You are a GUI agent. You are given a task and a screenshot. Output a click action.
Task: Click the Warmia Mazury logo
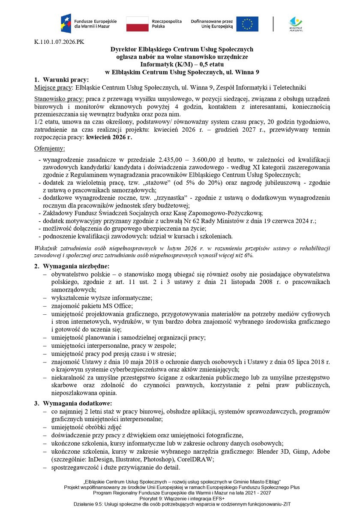point(296,24)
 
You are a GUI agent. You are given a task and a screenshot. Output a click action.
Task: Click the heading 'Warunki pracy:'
point(65,80)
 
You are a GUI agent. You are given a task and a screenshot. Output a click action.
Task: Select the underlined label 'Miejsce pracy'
point(53,87)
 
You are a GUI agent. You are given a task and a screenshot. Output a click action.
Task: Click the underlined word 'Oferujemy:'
point(49,148)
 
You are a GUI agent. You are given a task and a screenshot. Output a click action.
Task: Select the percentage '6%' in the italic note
point(249,255)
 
